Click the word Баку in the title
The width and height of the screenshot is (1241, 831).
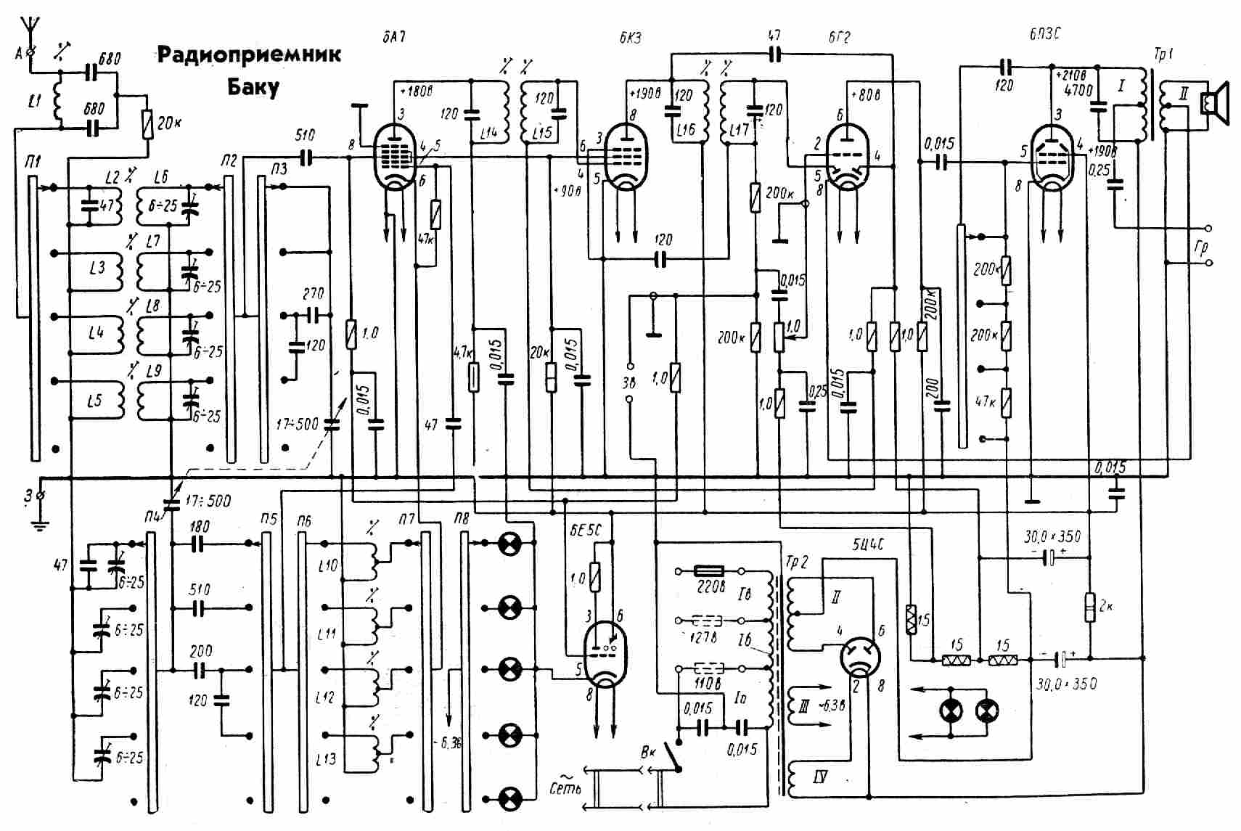253,88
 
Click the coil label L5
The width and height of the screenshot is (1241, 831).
95,400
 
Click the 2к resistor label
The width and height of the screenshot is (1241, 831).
1105,605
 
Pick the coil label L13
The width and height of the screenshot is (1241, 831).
327,759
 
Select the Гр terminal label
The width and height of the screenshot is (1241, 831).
1201,247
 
